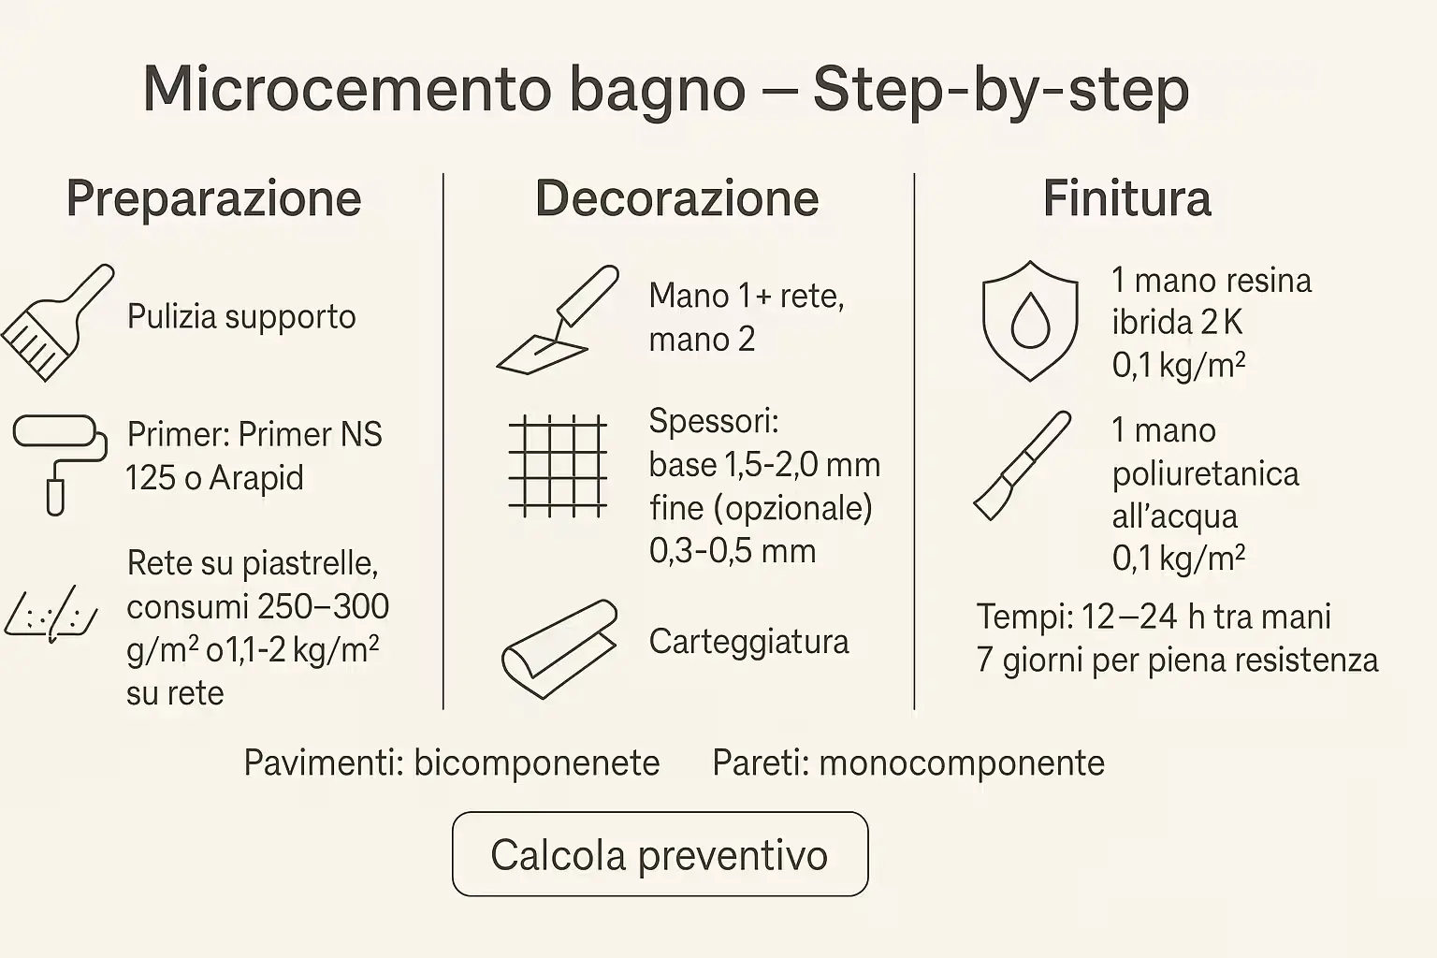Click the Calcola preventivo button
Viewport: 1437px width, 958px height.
(660, 854)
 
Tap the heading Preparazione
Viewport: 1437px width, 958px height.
(213, 198)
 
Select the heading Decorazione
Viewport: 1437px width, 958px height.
(676, 198)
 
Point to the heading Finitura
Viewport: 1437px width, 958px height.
(1126, 198)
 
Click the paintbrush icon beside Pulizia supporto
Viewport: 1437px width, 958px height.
(56, 322)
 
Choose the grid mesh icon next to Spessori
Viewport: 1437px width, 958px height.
(558, 465)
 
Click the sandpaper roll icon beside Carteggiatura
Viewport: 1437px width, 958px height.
(559, 648)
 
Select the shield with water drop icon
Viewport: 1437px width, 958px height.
(1029, 321)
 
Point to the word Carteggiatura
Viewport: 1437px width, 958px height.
(748, 642)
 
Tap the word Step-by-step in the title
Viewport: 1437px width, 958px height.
(1000, 90)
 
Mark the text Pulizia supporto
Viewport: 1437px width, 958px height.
(241, 317)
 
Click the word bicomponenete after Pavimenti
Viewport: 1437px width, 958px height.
(537, 763)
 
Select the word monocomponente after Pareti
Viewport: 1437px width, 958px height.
(962, 763)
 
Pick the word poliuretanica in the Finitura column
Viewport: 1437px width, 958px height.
(1205, 473)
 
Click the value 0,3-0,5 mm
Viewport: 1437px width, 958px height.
(733, 550)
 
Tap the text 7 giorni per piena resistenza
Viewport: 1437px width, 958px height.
(1177, 660)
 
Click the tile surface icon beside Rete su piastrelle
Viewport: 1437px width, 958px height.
(52, 613)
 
